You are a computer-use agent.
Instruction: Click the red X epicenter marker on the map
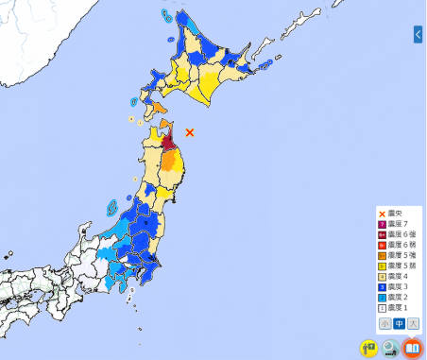pos(190,132)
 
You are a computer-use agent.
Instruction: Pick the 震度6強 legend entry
pos(395,236)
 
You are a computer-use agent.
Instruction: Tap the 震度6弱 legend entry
pos(395,247)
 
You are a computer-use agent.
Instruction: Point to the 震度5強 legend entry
pos(395,257)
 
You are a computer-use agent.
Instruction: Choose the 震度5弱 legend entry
pos(395,267)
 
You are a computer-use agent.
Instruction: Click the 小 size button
pos(385,323)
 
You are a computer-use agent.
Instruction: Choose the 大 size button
pos(414,323)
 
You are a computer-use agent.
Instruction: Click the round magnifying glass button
pos(390,347)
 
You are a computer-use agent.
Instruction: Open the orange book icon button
pos(412,347)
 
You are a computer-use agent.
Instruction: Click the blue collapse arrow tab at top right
pos(418,35)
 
